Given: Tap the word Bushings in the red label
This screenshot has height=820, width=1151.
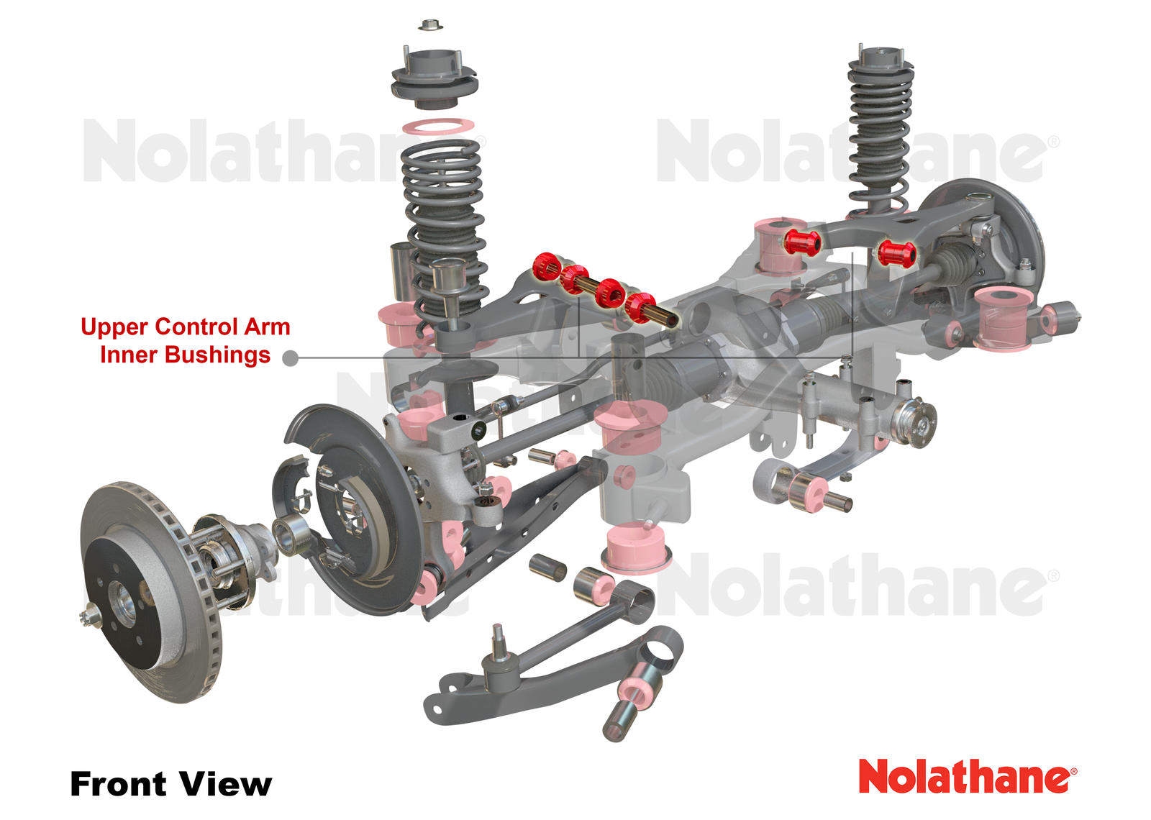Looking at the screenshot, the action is pyautogui.click(x=217, y=355).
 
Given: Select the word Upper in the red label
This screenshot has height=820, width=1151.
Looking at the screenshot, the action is pyautogui.click(x=114, y=327).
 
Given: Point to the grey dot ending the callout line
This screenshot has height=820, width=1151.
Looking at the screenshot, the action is pyautogui.click(x=291, y=358).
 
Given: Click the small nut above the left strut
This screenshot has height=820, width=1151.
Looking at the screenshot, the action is pyautogui.click(x=431, y=24).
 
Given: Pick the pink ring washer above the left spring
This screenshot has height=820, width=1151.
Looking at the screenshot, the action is pyautogui.click(x=438, y=127).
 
